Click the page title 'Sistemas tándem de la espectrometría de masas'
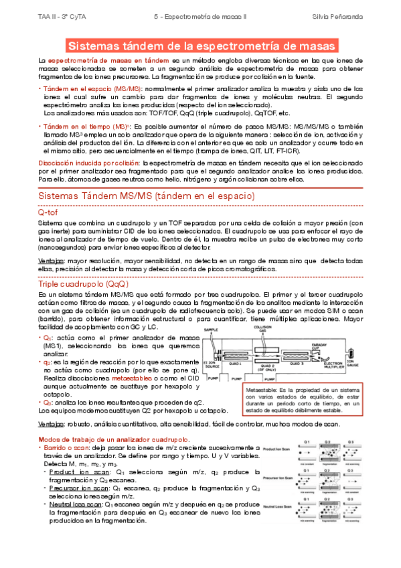[201, 46]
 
